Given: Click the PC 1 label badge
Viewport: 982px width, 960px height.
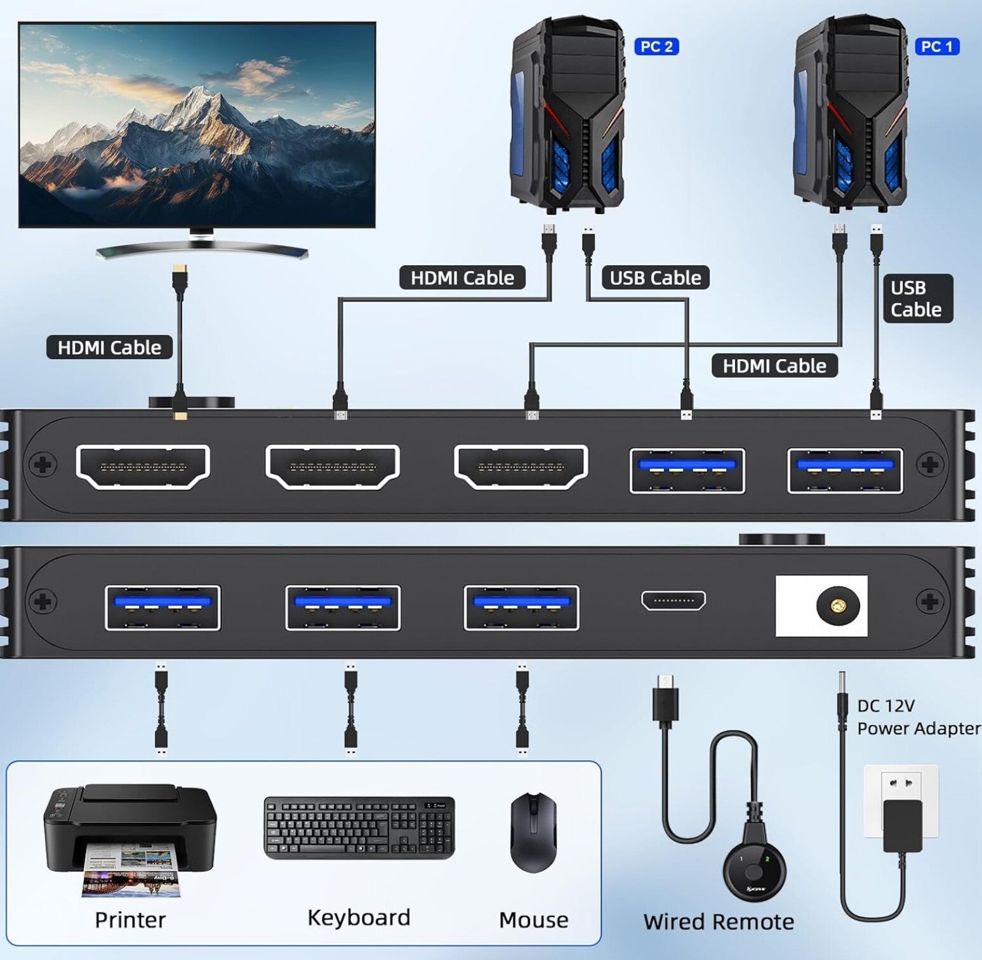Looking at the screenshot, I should (936, 46).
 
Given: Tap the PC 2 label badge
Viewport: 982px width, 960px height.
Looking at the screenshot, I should (656, 46).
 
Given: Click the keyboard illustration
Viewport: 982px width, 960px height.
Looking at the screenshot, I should (359, 828).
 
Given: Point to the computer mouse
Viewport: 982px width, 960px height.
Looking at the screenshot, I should (533, 832).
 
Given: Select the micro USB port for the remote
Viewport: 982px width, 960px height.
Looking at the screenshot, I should (673, 600).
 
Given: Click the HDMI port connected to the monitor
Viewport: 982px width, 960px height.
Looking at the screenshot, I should (143, 467).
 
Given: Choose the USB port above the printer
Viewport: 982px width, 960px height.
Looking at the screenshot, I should (163, 607).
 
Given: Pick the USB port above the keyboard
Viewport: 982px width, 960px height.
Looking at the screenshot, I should (343, 607).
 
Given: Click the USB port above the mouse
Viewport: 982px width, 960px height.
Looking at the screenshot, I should (522, 607).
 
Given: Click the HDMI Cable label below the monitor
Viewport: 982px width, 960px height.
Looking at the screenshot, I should (109, 347).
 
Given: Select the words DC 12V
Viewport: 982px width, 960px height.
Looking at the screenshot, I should (886, 706).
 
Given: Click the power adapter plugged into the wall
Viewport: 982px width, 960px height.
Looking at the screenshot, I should (902, 825).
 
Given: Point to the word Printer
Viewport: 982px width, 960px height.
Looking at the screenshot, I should (130, 919).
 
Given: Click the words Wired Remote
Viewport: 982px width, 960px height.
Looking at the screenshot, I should (719, 921).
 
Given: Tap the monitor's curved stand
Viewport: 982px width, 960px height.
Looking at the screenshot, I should (202, 249).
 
